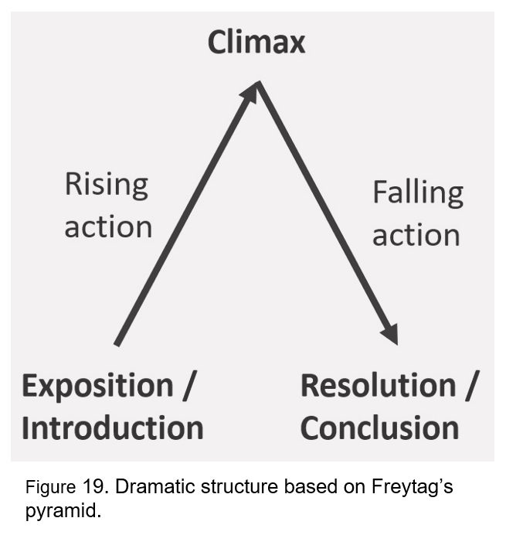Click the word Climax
pyautogui.click(x=256, y=43)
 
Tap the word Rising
pyautogui.click(x=106, y=185)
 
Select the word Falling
pyautogui.click(x=417, y=193)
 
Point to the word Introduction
pyautogui.click(x=113, y=428)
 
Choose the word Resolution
pyautogui.click(x=378, y=386)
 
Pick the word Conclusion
pyautogui.click(x=379, y=428)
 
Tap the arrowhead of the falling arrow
pyautogui.click(x=389, y=334)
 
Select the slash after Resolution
pyautogui.click(x=470, y=386)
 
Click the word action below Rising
pyautogui.click(x=108, y=227)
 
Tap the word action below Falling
pyautogui.click(x=416, y=235)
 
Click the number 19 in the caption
pyautogui.click(x=89, y=487)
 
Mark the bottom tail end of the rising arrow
pyautogui.click(x=117, y=342)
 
